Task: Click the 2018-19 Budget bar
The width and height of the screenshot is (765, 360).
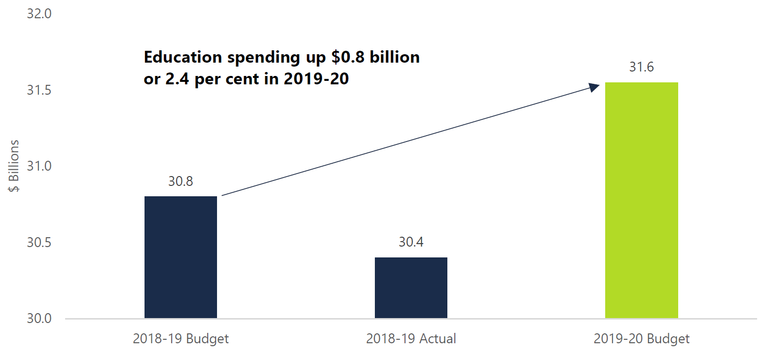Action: point(181,257)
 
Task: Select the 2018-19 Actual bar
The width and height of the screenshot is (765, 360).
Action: point(411,288)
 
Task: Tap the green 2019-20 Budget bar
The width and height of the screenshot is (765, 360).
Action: point(641,200)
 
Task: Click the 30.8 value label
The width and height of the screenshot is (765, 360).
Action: point(181,181)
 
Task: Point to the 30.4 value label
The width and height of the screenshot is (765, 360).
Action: point(411,242)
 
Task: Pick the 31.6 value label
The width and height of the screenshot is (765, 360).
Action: point(641,67)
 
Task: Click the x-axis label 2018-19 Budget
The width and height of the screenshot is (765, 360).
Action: point(181,339)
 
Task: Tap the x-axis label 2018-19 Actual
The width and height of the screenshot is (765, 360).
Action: point(411,339)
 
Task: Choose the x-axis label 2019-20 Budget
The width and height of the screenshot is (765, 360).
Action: point(641,339)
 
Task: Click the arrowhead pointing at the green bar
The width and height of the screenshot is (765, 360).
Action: point(594,86)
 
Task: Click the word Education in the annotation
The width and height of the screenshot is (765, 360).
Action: point(182,57)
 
